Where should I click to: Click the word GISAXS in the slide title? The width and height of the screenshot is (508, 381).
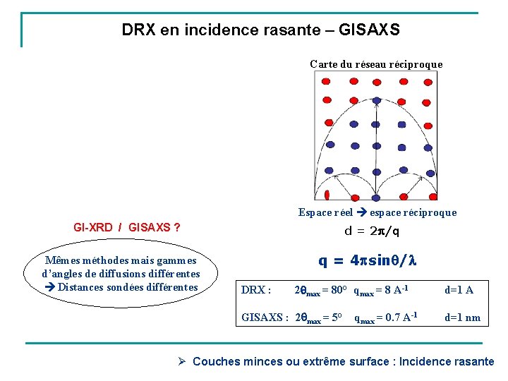(369, 30)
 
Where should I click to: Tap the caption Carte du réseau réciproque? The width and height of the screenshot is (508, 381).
(376, 64)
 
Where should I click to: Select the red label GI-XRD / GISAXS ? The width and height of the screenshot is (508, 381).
(126, 228)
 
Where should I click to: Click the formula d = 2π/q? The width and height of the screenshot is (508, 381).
(371, 231)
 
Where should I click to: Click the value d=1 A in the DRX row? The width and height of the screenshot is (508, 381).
(459, 289)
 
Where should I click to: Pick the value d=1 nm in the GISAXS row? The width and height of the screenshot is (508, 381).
(462, 317)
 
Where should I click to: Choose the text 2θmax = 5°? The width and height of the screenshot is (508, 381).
(317, 317)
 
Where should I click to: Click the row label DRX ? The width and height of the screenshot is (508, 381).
(256, 290)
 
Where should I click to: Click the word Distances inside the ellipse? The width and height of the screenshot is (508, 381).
(83, 287)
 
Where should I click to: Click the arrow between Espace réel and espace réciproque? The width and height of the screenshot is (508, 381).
(361, 212)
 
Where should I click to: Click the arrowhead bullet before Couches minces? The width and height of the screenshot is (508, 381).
(181, 361)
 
